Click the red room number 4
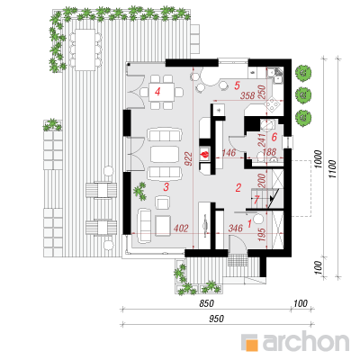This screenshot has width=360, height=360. point(157,92)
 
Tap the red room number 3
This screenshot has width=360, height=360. point(166,187)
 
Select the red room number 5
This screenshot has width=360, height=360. point(237,85)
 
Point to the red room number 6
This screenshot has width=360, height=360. point(274,138)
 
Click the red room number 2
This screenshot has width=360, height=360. point(238,188)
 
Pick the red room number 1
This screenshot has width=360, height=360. point(249,223)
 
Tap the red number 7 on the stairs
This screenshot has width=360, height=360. point(256,200)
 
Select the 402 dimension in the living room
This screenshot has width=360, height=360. point(181,229)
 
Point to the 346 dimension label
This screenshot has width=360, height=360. point(236,229)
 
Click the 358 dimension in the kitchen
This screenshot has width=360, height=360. point(247,95)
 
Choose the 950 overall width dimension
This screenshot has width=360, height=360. point(216,319)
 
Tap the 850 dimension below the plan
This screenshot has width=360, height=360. point(207,303)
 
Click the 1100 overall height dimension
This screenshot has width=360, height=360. point(333,169)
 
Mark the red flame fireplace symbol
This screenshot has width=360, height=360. point(204,155)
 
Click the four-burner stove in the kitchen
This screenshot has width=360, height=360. point(273,105)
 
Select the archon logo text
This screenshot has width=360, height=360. point(306,340)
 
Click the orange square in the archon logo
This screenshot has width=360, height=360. point(252,345)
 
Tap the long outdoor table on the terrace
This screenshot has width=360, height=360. point(85,49)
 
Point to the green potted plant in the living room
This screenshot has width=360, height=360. point(140,192)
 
